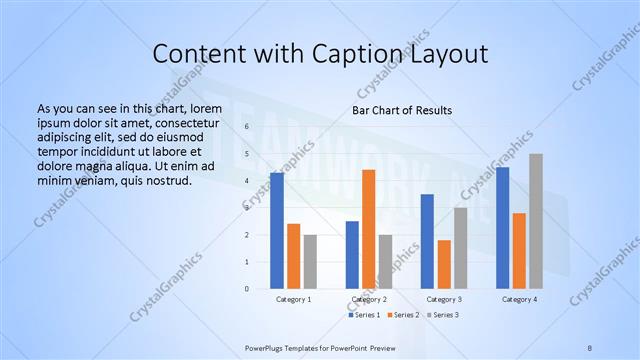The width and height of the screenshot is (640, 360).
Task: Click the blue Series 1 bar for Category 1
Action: pyautogui.click(x=277, y=231)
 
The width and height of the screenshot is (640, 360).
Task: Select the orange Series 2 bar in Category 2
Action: pyautogui.click(x=368, y=229)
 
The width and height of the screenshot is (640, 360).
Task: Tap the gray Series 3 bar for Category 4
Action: pyautogui.click(x=536, y=221)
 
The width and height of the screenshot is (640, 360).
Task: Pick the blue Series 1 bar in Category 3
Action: pyautogui.click(x=427, y=241)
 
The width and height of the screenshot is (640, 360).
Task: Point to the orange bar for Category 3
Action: pyautogui.click(x=444, y=264)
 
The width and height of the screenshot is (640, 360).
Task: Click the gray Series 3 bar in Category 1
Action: pyautogui.click(x=310, y=262)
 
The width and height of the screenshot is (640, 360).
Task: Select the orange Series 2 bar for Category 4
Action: pyautogui.click(x=519, y=251)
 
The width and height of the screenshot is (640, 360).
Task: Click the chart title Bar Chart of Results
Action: pyautogui.click(x=402, y=110)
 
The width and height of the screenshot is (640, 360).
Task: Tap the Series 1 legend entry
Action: pyautogui.click(x=364, y=315)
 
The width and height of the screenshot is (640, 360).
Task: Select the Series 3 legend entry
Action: pyautogui.click(x=443, y=315)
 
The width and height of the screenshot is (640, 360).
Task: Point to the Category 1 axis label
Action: pyautogui.click(x=294, y=299)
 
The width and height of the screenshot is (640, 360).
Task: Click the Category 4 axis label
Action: pyautogui.click(x=519, y=299)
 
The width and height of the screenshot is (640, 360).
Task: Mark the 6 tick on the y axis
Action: pyautogui.click(x=247, y=127)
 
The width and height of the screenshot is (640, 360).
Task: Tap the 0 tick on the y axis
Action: pyautogui.click(x=247, y=289)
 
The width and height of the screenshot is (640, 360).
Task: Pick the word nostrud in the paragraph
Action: pyautogui.click(x=168, y=181)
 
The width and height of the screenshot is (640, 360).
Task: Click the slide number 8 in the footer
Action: pyautogui.click(x=590, y=347)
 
